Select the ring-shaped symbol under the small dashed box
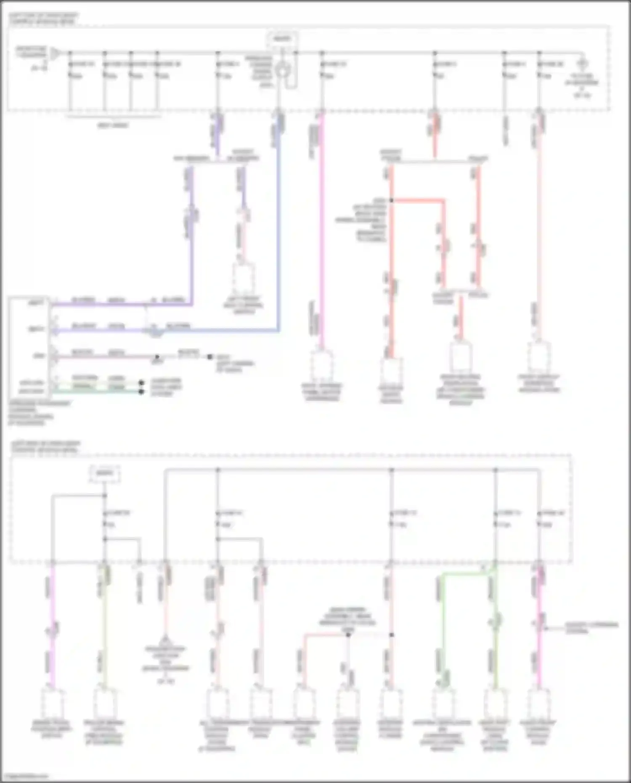[x=281, y=70]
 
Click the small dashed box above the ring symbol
[x=282, y=39]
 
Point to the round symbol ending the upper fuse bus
[x=582, y=64]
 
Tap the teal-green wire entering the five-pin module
[x=97, y=392]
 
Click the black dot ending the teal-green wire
[x=141, y=392]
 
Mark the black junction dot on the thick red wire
[x=391, y=201]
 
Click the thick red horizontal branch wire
[x=416, y=201]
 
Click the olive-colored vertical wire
[x=105, y=631]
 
